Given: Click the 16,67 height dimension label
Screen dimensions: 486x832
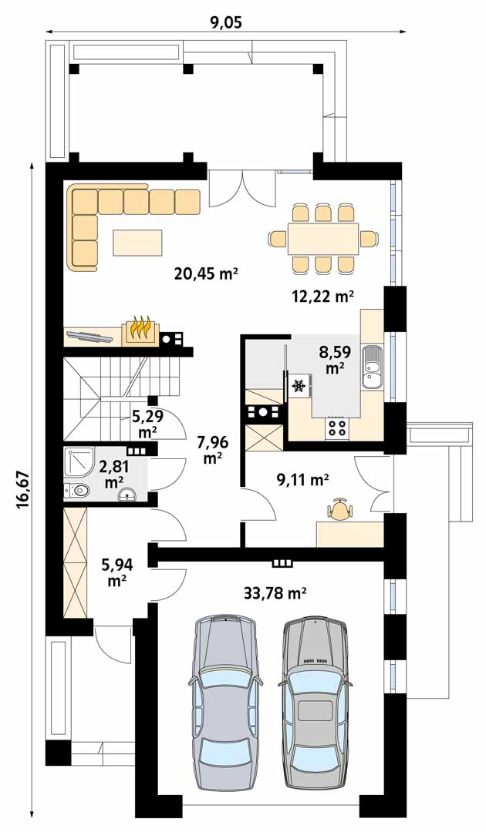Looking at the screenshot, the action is [x=22, y=489].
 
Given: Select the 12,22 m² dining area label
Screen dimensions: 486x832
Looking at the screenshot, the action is [x=322, y=296].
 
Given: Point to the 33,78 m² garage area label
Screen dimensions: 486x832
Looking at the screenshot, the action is [x=275, y=592].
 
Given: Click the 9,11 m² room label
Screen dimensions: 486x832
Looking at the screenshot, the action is [x=302, y=480].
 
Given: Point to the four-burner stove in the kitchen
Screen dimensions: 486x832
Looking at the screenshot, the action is [x=337, y=428].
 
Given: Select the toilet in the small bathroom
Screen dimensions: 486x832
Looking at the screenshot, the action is [x=76, y=491].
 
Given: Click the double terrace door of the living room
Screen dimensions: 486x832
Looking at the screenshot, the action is [x=242, y=189].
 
